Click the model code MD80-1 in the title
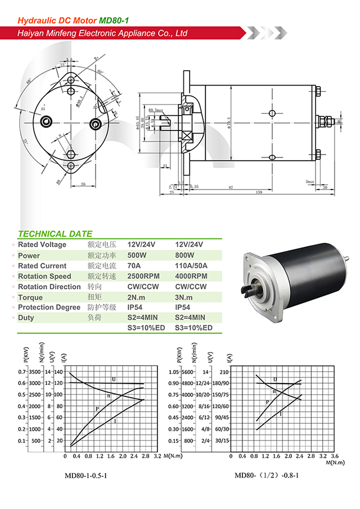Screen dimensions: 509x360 click(114, 20)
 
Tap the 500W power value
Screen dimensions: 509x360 click(138, 255)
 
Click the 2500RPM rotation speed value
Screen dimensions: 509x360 click(143, 276)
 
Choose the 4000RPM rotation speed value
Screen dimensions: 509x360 click(191, 276)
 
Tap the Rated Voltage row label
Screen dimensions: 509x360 click(42, 245)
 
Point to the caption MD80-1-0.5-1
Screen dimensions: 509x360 click(85, 476)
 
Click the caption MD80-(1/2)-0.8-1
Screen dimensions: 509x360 click(267, 476)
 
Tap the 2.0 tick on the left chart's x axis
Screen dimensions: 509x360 click(123, 457)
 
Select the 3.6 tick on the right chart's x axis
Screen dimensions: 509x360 click(335, 457)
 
